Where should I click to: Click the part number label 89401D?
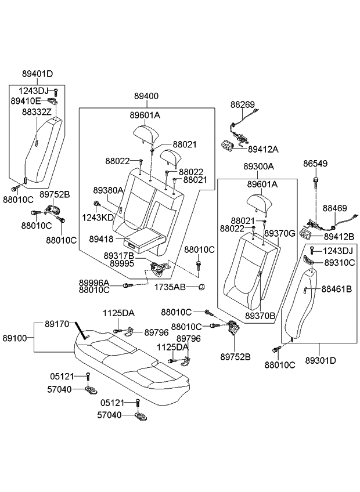[x=37, y=74]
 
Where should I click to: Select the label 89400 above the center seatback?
[x=146, y=96]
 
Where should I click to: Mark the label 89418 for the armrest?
[x=102, y=238]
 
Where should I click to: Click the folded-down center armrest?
[x=142, y=237]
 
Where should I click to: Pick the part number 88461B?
[x=337, y=288]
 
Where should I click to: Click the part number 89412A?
[x=263, y=149]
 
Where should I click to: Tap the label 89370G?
[x=280, y=233]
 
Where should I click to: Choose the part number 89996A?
[x=94, y=283]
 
